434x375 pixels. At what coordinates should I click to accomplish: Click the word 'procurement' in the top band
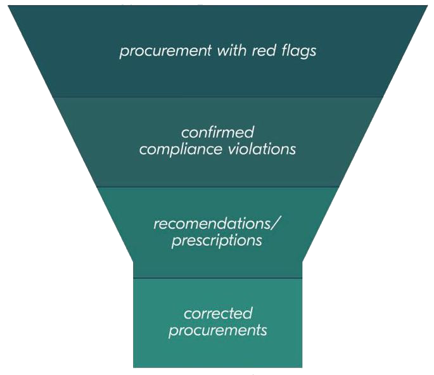coord(160,51)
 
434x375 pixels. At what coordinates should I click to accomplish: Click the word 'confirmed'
coord(217,132)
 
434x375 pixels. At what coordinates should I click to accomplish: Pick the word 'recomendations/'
coord(217,224)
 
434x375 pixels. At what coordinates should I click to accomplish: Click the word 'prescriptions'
coord(217,241)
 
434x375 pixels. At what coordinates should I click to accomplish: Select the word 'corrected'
coord(218,314)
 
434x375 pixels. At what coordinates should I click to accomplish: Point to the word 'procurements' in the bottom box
coord(217,331)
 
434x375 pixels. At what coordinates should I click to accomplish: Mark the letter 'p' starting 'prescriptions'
coord(175,243)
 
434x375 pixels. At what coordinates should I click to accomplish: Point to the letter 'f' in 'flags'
coord(283,50)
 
